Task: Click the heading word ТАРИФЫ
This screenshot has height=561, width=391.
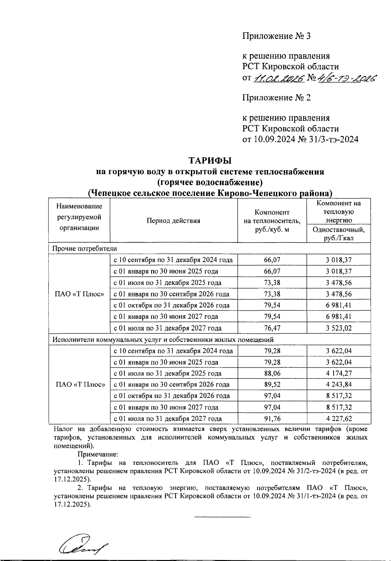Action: (210, 161)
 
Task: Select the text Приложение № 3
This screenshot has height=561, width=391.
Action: (276, 36)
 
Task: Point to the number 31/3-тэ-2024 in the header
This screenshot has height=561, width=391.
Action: (333, 140)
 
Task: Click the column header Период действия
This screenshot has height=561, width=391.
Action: (173, 221)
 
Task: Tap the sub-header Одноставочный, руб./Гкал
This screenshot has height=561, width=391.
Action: (339, 234)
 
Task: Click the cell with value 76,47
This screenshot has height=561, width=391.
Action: (272, 328)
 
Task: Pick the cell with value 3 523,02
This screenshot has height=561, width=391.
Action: (339, 328)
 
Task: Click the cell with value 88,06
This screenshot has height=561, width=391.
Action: (272, 374)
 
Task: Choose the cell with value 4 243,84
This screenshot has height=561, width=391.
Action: (339, 385)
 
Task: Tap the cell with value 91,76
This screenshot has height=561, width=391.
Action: (272, 419)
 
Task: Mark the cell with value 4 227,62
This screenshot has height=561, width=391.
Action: (339, 419)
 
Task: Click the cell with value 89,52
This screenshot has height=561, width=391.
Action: (272, 385)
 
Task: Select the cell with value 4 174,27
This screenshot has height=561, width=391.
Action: (339, 374)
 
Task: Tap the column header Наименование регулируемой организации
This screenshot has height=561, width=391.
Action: (79, 217)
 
